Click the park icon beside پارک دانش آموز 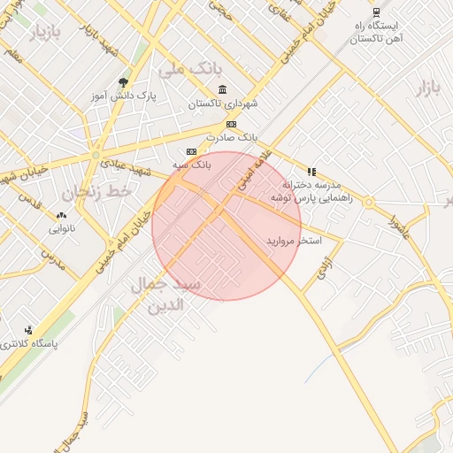point(135,83)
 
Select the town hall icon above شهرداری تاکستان point(221,89)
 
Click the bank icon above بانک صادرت point(232,125)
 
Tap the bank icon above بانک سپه point(190,152)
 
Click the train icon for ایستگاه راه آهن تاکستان point(376,12)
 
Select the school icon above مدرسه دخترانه point(311,172)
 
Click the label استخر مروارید point(293,241)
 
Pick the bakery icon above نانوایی point(61,215)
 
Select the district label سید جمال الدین point(165,295)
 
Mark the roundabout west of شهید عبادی point(96,157)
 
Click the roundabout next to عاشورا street point(370,203)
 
